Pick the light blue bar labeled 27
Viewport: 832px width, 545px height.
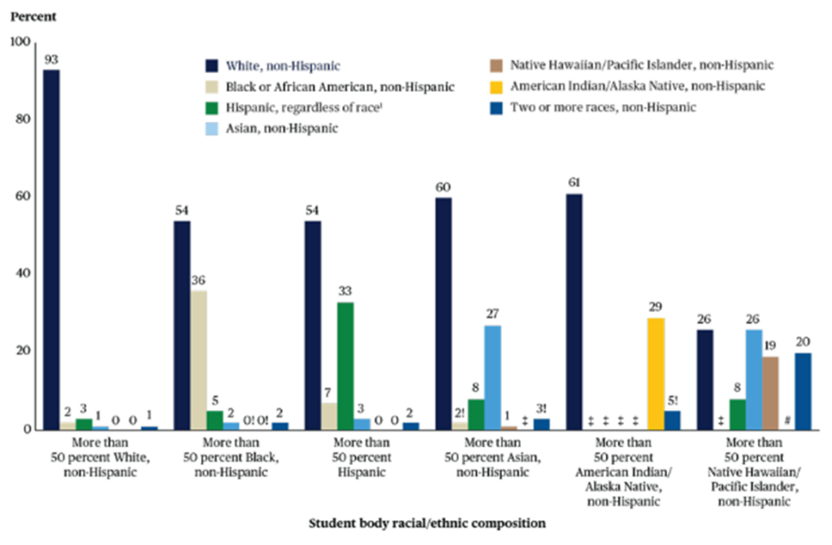pyautogui.click(x=492, y=377)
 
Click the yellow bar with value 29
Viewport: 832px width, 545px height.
pyautogui.click(x=655, y=373)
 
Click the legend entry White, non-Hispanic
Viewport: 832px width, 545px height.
pyautogui.click(x=280, y=65)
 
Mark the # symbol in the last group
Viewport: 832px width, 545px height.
pyautogui.click(x=786, y=420)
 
